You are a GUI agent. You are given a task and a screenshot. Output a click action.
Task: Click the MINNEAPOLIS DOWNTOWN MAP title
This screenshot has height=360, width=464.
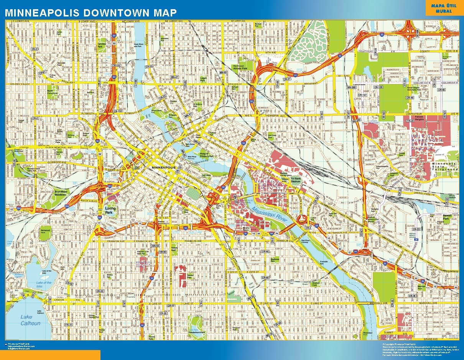point(91,12)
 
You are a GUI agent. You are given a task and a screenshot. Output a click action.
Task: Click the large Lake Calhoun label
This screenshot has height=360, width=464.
point(30,320)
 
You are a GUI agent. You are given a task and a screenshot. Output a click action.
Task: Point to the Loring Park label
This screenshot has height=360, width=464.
point(110,210)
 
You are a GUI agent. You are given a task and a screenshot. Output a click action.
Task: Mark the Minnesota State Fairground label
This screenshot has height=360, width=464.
point(445,166)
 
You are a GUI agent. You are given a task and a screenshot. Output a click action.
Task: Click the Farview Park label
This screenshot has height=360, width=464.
point(102,44)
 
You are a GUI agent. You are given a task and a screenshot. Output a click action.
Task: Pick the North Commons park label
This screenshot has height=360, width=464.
point(52,92)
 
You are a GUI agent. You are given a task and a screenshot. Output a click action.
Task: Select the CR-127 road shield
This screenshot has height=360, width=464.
point(362,95)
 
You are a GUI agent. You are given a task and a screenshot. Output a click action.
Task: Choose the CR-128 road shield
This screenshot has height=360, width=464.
point(378,87)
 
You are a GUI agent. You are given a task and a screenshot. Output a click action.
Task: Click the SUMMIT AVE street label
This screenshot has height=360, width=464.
point(390,334)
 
